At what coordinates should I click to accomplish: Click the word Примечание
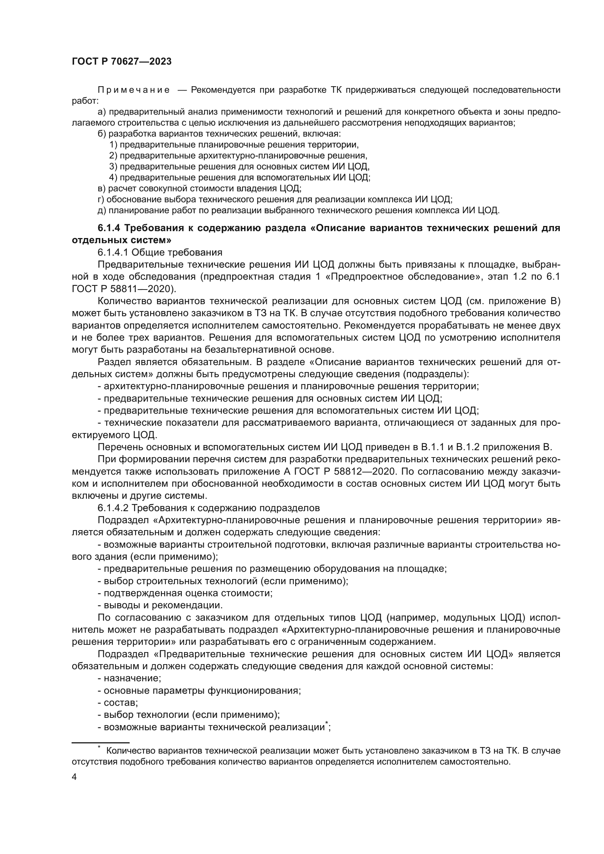click(x=134, y=90)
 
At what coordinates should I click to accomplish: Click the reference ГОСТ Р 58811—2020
click(x=122, y=289)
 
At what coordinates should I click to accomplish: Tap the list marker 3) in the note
click(x=114, y=166)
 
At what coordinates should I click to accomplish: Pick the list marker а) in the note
click(x=102, y=112)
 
